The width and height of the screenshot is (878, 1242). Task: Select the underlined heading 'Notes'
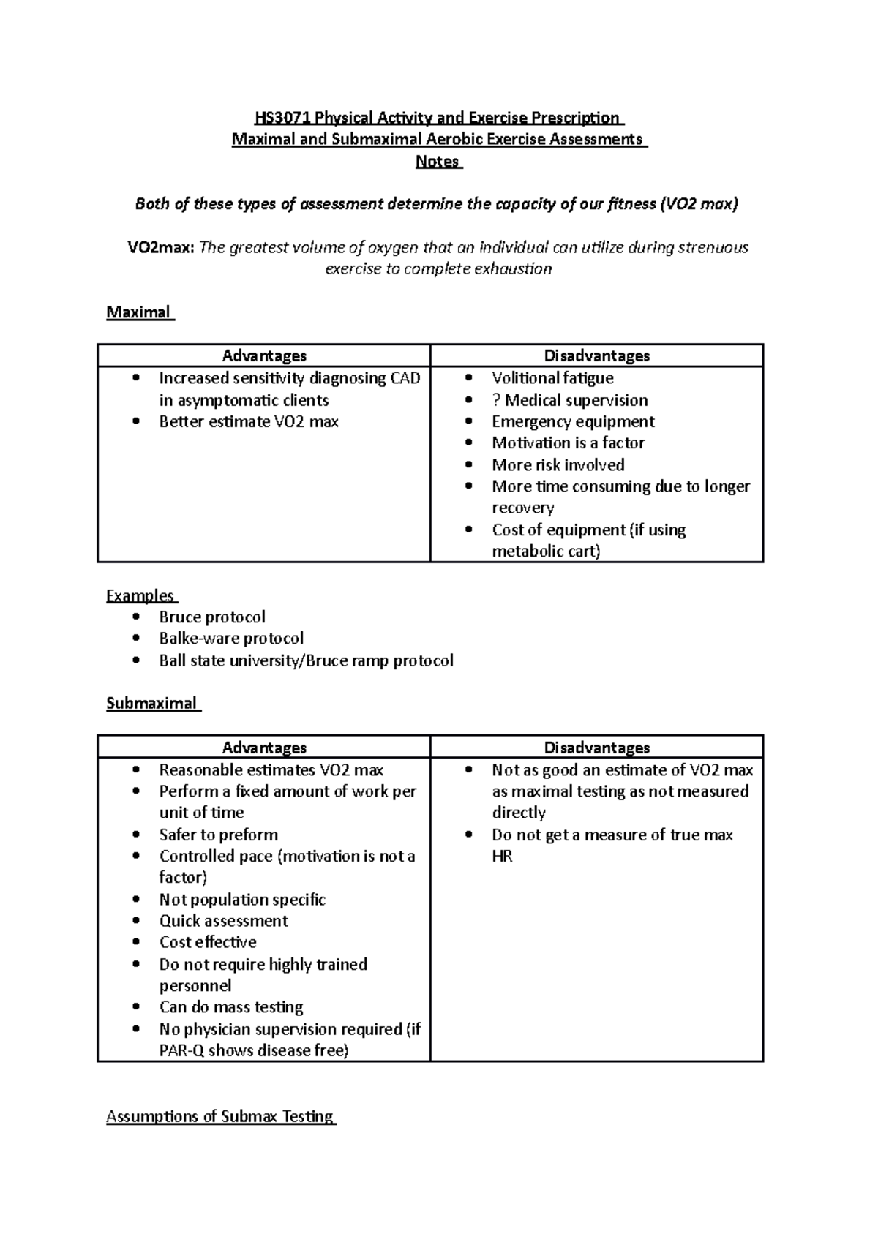[438, 162]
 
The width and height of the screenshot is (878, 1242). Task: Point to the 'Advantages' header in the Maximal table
[264, 355]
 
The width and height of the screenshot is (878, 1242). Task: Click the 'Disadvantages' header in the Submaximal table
[596, 748]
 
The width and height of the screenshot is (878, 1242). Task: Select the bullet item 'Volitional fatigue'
[552, 378]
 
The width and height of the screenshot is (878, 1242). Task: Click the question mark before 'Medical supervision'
[496, 400]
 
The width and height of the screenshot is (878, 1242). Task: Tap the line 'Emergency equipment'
[573, 421]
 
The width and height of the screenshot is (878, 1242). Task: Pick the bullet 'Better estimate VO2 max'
[249, 421]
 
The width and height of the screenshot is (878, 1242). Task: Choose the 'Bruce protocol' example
[212, 617]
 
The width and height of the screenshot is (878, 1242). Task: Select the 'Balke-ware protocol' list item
[231, 638]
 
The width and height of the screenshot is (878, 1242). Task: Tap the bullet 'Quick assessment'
[223, 920]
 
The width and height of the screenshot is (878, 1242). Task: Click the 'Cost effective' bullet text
[208, 942]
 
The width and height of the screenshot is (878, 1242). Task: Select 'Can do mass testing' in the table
[231, 1007]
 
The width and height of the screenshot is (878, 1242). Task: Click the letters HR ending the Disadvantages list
[502, 856]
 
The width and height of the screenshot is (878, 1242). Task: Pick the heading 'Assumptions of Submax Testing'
[219, 1116]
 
